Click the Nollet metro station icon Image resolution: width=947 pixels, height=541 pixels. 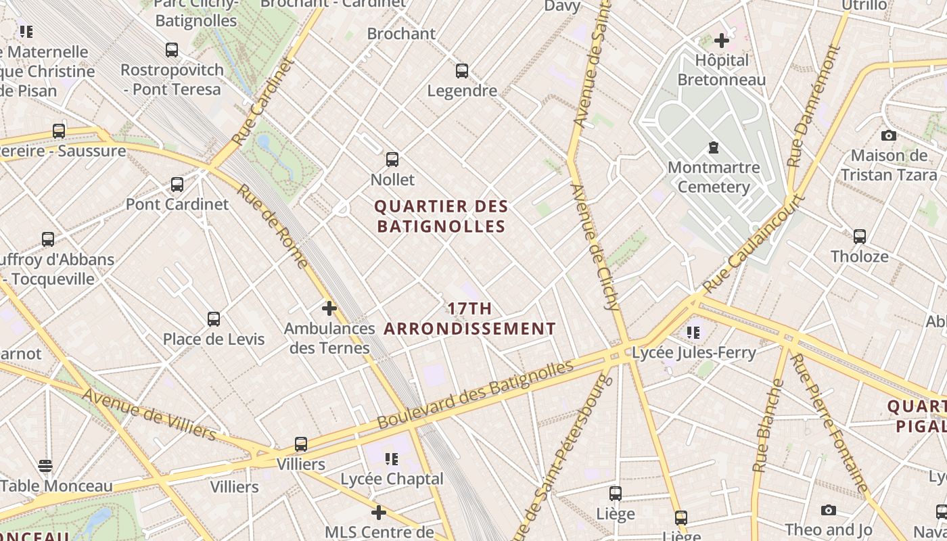point(392,160)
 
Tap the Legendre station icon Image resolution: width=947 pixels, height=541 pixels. point(462,70)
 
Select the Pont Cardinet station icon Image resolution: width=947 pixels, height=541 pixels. point(177,184)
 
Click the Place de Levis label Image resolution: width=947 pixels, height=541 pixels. point(214,339)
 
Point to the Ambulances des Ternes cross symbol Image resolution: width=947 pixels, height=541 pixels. point(329,308)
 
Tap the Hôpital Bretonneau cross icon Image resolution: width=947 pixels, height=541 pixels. point(722,41)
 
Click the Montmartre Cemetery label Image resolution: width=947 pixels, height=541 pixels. point(714,177)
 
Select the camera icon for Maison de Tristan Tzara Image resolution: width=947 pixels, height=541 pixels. point(889,135)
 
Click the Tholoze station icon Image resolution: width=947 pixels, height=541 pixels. point(860,237)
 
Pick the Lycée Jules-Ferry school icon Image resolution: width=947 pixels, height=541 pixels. point(693,332)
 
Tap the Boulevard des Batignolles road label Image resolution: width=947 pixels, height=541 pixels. point(475,394)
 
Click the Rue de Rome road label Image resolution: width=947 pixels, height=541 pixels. point(273,226)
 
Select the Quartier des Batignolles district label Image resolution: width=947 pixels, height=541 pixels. point(440,216)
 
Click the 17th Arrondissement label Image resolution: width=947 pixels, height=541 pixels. point(470,319)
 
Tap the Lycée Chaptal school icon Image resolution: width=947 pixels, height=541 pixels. point(392,459)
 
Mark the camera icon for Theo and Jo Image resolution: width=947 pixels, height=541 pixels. point(829,510)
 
